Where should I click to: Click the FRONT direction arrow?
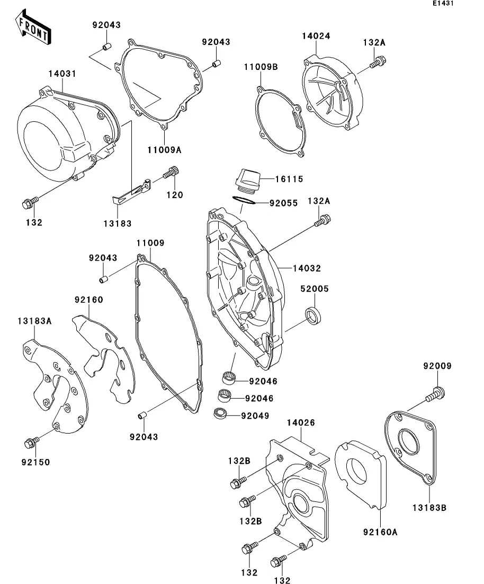click(x=33, y=28)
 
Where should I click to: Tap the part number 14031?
click(x=63, y=74)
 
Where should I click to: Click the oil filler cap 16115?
click(x=247, y=178)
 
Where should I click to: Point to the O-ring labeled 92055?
click(x=244, y=201)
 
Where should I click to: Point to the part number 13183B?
click(x=429, y=508)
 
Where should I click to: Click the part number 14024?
click(x=316, y=36)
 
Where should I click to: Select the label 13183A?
click(x=34, y=321)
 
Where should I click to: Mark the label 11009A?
click(x=164, y=150)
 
